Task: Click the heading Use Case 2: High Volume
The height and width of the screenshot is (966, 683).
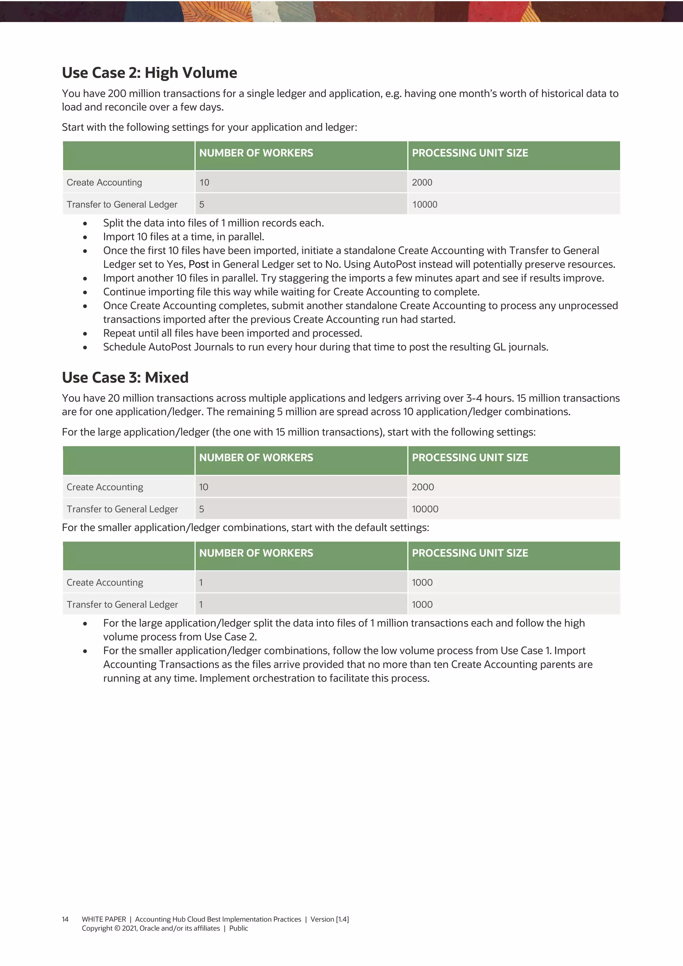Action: [149, 73]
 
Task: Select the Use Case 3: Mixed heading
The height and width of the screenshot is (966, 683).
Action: [125, 377]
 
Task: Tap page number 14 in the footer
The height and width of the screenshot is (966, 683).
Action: [65, 919]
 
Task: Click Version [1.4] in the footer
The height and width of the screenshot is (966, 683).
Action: [330, 919]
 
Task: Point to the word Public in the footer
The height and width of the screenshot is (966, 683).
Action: [238, 929]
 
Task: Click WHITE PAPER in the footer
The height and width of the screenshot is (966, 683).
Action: [104, 919]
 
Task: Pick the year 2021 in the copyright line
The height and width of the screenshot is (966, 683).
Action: [129, 929]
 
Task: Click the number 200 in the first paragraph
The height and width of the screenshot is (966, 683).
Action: [117, 93]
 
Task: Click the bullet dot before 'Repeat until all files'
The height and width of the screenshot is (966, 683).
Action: [85, 334]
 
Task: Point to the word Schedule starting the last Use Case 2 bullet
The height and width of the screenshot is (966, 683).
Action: [123, 347]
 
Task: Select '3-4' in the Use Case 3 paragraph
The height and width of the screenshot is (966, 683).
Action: [474, 398]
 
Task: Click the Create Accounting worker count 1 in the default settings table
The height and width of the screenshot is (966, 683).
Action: [201, 582]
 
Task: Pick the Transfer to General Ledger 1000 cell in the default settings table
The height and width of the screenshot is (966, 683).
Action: [422, 605]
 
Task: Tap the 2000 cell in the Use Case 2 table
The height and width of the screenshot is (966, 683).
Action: [422, 183]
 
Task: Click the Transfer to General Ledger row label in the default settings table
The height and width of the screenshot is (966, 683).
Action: [122, 605]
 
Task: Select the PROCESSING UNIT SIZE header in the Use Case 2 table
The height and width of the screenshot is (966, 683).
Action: [470, 153]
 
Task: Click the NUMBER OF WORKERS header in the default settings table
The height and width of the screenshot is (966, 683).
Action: [256, 553]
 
